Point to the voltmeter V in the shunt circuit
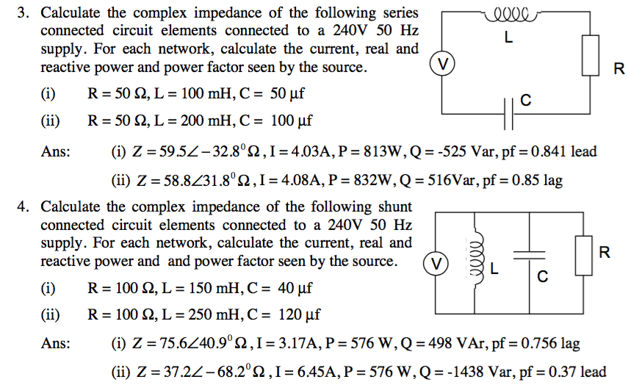436,262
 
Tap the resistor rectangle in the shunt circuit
584,254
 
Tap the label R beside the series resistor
618,70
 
